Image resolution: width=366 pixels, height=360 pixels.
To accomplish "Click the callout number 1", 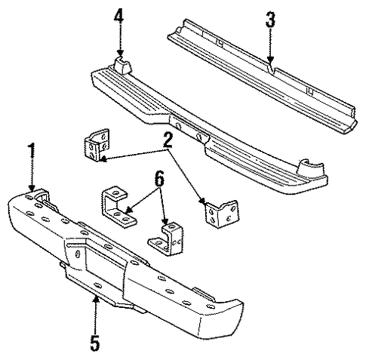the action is click(x=32, y=150).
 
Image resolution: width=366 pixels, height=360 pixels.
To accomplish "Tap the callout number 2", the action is click(x=168, y=140).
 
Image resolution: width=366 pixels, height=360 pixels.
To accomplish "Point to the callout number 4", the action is click(x=118, y=17).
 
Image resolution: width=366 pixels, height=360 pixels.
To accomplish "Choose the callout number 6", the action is click(x=160, y=179).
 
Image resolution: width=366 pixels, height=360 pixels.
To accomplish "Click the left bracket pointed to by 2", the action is click(x=97, y=145).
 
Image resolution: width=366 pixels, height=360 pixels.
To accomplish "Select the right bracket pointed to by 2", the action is click(x=222, y=214).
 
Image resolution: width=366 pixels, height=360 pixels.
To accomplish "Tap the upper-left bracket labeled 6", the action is click(x=117, y=205).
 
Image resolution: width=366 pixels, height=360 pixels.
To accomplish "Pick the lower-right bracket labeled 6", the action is click(x=167, y=238).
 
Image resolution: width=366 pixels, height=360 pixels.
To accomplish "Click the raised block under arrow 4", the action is click(x=123, y=65).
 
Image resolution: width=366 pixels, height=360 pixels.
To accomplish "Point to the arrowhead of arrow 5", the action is click(x=96, y=300).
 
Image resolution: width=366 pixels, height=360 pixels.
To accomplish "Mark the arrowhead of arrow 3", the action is click(x=270, y=60).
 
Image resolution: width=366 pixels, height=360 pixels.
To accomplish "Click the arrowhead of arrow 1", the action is click(x=32, y=188).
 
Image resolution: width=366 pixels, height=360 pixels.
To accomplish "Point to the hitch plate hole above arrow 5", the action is click(x=97, y=286).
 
